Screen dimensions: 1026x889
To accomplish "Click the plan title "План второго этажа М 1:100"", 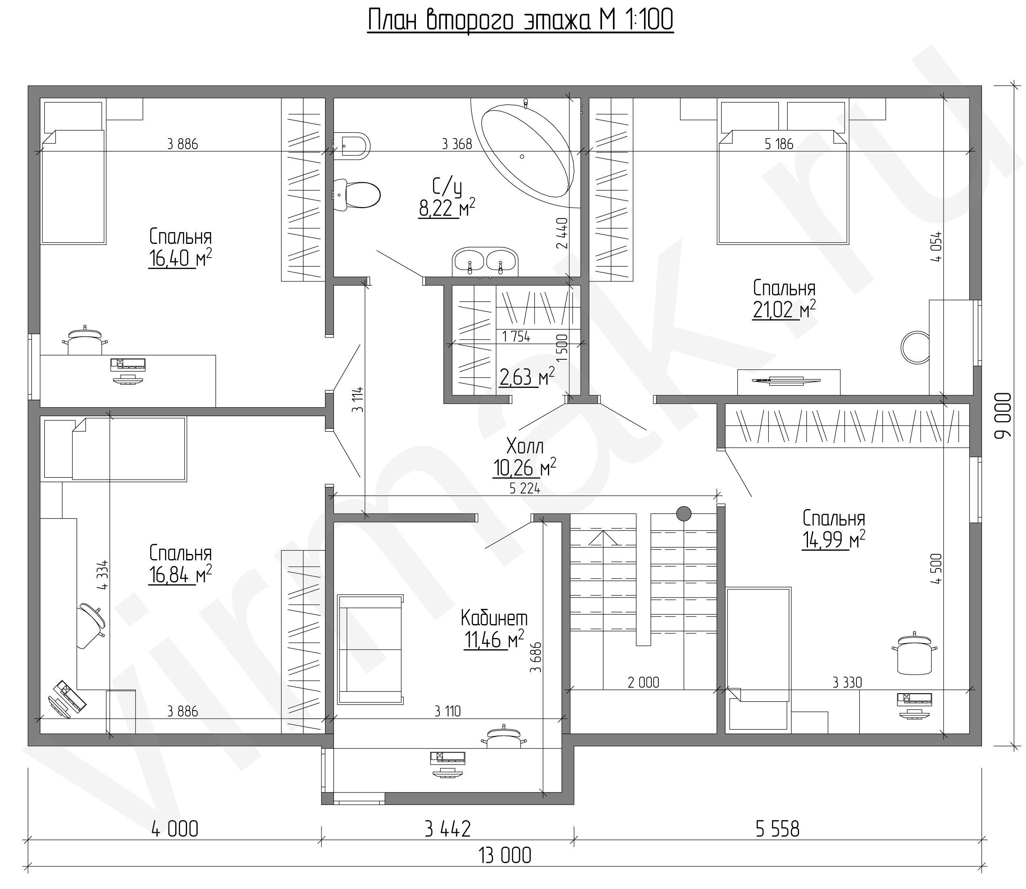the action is [520, 21].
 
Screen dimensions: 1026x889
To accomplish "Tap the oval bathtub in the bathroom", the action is [527, 151].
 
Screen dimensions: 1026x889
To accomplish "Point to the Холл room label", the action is [525, 447].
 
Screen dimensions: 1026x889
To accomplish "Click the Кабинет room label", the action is [494, 619].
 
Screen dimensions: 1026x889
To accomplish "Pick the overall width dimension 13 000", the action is [505, 855].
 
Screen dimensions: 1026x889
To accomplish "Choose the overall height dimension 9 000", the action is [1002, 416].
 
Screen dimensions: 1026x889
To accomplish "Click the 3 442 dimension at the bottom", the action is [447, 829].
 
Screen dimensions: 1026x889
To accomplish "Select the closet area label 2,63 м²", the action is [527, 377].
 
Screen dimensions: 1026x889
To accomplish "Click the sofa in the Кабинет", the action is [370, 649].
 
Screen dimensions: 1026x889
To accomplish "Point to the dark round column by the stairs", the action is [684, 514].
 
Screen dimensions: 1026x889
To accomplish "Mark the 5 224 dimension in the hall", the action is [525, 489].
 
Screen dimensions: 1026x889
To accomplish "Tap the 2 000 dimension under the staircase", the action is [644, 683].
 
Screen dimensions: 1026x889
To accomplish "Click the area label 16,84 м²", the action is [180, 574].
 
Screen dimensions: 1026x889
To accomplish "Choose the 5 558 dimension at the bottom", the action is [777, 829].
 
